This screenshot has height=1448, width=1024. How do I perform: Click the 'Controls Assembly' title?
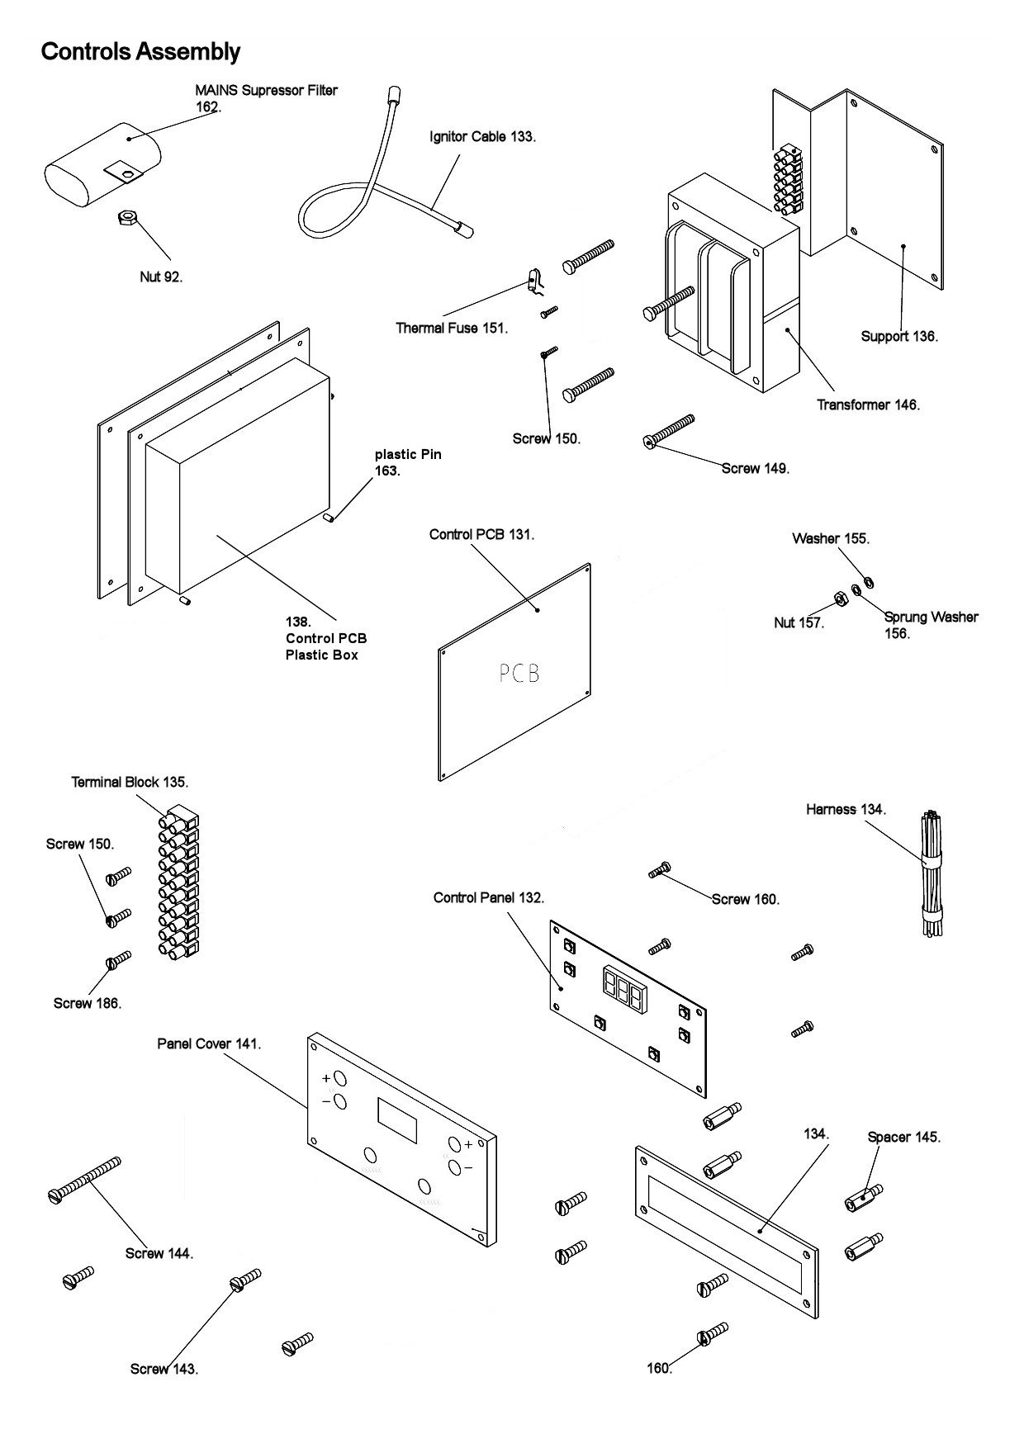(140, 52)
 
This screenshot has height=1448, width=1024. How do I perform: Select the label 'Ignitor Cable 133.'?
(482, 136)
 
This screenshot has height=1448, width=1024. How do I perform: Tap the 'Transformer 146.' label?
(868, 405)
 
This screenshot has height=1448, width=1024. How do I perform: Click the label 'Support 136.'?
(899, 336)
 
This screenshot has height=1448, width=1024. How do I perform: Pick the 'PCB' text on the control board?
(519, 674)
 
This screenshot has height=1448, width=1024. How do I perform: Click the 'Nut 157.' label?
(799, 622)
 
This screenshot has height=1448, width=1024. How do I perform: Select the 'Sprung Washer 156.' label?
(930, 625)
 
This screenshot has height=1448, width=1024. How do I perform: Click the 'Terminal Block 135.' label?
(130, 782)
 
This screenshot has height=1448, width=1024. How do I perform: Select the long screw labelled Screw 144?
(85, 1178)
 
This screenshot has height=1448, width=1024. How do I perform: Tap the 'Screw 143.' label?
(164, 1369)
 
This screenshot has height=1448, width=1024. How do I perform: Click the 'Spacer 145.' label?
(903, 1137)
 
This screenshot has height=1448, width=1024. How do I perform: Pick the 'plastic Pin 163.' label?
(408, 462)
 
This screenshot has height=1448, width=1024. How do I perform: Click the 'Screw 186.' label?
(88, 1003)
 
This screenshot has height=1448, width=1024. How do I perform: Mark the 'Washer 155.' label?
(831, 538)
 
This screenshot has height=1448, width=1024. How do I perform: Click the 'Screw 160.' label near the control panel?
(746, 899)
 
